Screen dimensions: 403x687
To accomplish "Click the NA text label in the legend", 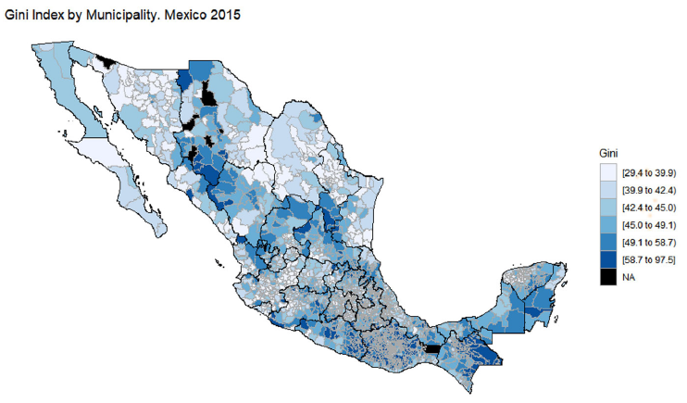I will point(631,275).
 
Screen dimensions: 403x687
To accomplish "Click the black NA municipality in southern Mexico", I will point(431,348).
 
